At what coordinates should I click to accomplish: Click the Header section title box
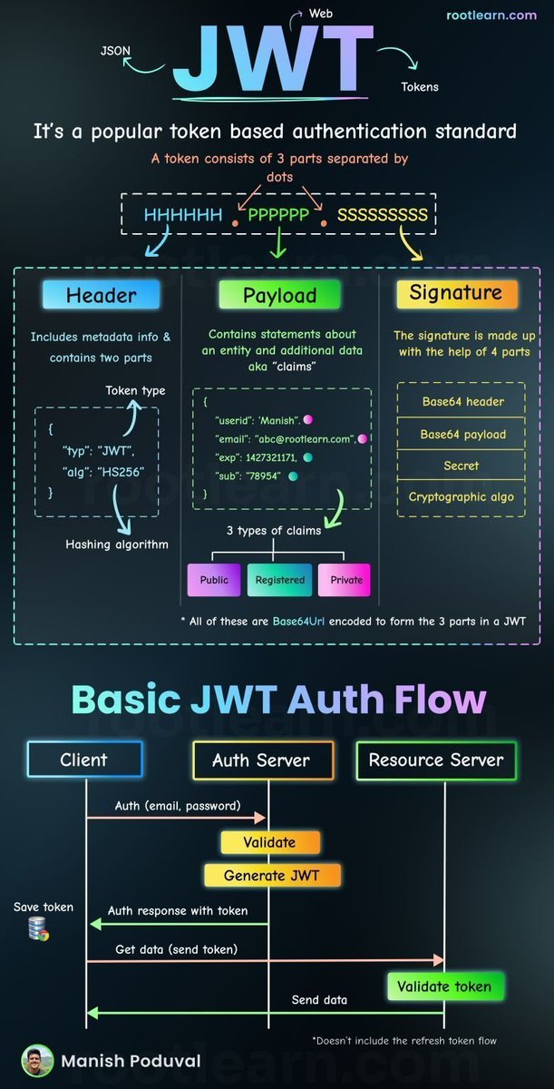[x=101, y=295]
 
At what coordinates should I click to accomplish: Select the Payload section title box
[x=279, y=295]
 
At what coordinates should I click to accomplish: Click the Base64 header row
[x=462, y=402]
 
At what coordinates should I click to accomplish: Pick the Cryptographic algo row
[x=461, y=497]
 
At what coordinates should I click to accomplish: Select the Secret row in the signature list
[x=461, y=466]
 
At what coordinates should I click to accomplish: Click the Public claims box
[x=214, y=580]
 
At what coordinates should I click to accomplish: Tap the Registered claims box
[x=279, y=580]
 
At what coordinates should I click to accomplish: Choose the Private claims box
[x=345, y=580]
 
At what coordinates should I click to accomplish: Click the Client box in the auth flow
[x=84, y=760]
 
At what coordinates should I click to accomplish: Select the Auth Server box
[x=262, y=760]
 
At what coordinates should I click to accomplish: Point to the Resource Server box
[x=436, y=760]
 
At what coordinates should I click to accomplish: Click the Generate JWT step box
[x=271, y=875]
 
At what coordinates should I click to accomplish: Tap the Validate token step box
[x=444, y=986]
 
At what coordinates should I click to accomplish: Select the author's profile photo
[x=37, y=1060]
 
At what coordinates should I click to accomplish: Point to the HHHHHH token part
[x=182, y=216]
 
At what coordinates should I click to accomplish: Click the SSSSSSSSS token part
[x=382, y=216]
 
